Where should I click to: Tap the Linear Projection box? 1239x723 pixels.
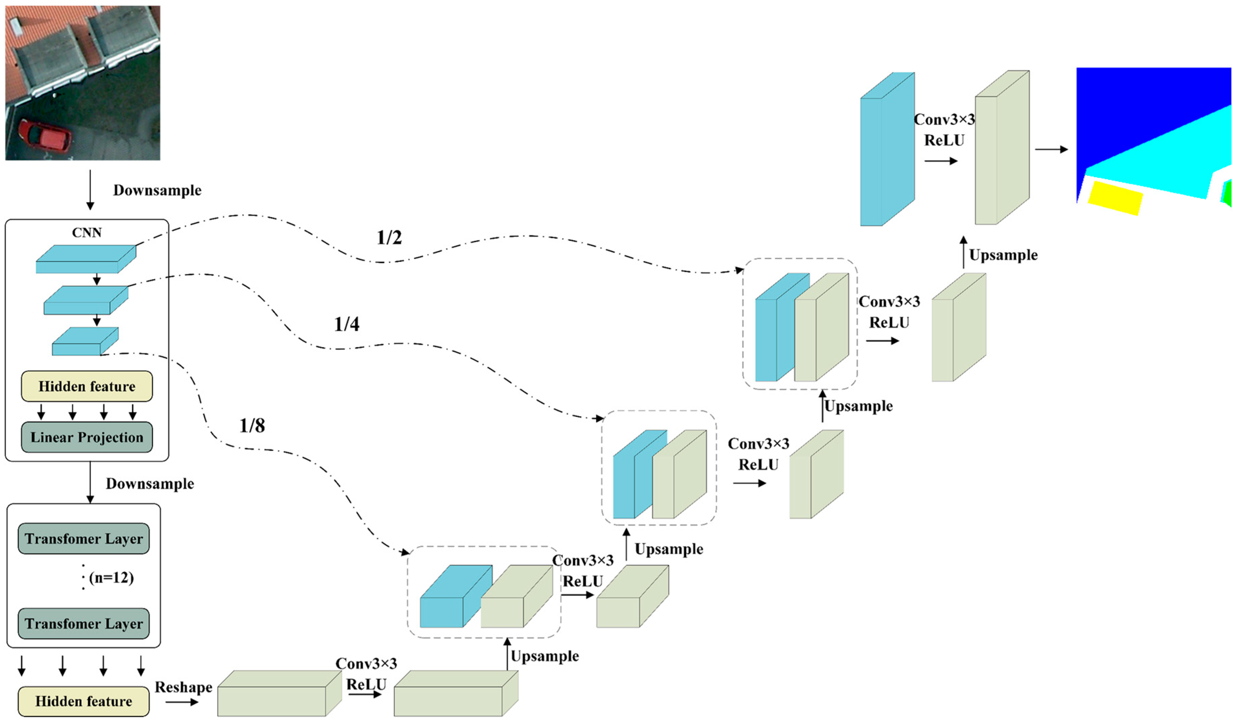pyautogui.click(x=87, y=437)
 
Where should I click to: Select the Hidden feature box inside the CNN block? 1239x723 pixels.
pyautogui.click(x=87, y=386)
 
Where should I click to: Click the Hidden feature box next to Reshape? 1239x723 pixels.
pyautogui.click(x=84, y=701)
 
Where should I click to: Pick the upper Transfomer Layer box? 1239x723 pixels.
pyautogui.click(x=84, y=538)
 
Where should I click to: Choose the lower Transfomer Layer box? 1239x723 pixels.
pyautogui.click(x=84, y=624)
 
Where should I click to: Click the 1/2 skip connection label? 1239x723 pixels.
pyautogui.click(x=389, y=238)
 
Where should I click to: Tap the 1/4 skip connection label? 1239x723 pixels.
pyautogui.click(x=347, y=324)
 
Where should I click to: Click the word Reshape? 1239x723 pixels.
pyautogui.click(x=184, y=687)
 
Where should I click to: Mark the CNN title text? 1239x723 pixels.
pyautogui.click(x=87, y=232)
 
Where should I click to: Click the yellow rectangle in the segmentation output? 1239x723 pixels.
pyautogui.click(x=1115, y=198)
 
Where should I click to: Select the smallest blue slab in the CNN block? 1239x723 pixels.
pyautogui.click(x=85, y=341)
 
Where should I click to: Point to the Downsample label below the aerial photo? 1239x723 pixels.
pyautogui.click(x=157, y=190)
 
